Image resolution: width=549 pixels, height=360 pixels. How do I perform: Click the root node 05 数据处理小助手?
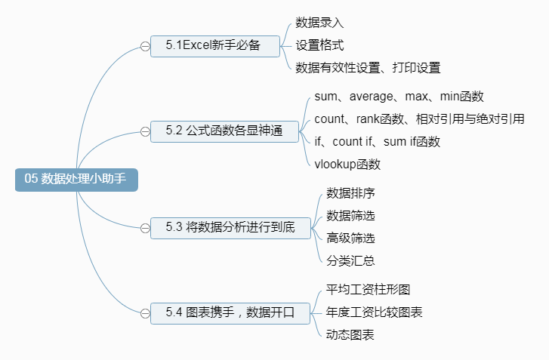point(76,180)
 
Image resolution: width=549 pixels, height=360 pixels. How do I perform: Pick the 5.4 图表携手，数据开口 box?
point(231,311)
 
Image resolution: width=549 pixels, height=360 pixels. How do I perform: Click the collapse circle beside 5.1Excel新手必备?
point(145,46)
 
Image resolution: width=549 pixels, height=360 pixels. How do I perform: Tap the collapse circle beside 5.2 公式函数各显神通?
point(145,131)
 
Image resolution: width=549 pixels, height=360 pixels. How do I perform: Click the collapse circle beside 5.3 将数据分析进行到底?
point(145,227)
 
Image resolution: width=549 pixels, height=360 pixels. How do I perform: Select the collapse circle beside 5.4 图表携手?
point(145,312)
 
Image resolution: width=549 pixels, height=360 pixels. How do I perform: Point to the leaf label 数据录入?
point(319,23)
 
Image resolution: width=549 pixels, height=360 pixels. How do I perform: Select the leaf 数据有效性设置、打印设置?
point(368,67)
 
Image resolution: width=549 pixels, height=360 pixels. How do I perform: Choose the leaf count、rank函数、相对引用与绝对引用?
point(419,118)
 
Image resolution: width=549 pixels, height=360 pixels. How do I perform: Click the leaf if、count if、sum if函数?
point(377,140)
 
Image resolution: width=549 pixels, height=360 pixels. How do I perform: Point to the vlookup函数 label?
point(347,163)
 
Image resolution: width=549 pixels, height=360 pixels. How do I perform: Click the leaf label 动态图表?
point(350,334)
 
